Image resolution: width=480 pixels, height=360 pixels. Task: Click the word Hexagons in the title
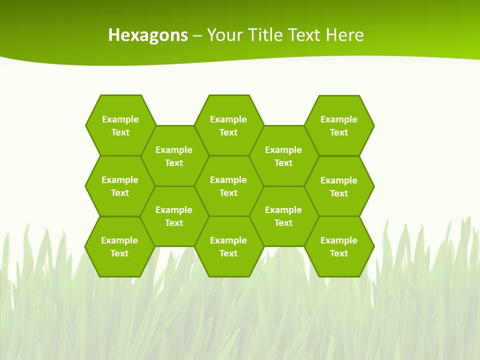148,35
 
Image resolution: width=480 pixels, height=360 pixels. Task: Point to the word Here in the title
344,35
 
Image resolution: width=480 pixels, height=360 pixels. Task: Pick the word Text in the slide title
304,35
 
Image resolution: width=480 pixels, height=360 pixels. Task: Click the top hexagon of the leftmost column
120,125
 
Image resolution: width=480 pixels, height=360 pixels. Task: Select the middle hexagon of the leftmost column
120,186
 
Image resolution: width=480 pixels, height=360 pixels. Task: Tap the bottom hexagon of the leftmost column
119,246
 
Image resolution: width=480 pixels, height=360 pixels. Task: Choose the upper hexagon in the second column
174,156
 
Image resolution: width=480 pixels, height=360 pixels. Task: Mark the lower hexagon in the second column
174,216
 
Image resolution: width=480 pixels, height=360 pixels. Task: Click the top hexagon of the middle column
228,125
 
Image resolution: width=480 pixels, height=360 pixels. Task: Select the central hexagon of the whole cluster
228,186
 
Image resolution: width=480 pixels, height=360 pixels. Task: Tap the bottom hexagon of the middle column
228,246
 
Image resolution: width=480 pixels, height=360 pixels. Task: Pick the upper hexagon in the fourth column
283,156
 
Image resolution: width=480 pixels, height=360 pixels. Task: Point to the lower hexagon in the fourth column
283,216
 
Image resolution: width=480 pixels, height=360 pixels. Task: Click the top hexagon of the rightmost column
339,125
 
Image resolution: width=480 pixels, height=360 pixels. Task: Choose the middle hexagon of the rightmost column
339,186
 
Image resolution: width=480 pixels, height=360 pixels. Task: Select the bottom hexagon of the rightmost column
339,246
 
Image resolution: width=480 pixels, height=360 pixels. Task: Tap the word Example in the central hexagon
228,180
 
